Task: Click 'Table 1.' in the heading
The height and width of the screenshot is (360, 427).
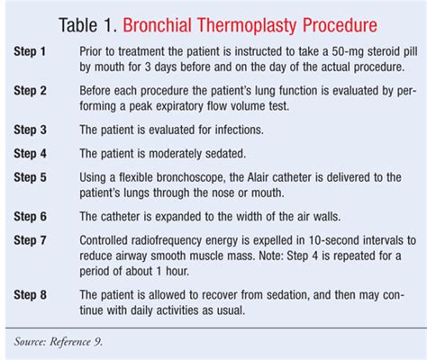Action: [x=87, y=25]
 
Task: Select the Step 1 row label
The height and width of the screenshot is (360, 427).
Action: [x=30, y=51]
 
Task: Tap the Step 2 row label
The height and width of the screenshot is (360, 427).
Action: [x=30, y=91]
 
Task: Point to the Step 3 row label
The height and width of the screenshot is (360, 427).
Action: [x=30, y=130]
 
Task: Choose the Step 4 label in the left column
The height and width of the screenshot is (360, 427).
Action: [x=30, y=154]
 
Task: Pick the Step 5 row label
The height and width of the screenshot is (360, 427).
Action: [x=30, y=177]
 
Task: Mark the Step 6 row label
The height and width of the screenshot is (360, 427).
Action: [x=30, y=217]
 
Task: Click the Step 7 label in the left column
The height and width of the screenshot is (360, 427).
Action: [x=30, y=240]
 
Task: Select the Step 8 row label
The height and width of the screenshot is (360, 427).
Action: [x=30, y=295]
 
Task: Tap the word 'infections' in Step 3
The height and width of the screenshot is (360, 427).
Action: [x=239, y=130]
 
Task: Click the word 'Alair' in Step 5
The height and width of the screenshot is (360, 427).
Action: [x=259, y=177]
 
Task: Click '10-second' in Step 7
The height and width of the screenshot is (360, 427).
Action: [x=334, y=240]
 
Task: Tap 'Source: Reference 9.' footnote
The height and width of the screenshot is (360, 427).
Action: [x=59, y=342]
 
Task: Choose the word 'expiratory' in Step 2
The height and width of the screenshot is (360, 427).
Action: [x=178, y=106]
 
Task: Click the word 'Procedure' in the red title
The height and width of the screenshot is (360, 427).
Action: [x=340, y=25]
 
